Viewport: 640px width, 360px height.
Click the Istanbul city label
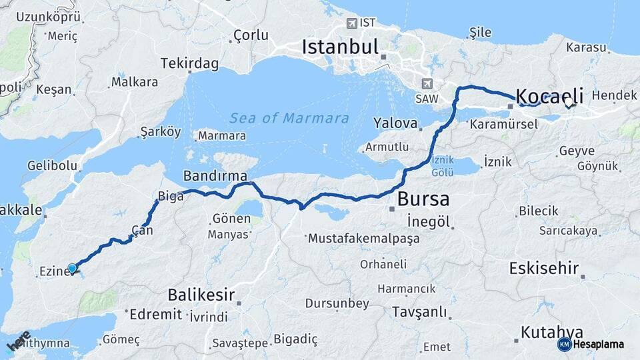[x=340, y=47]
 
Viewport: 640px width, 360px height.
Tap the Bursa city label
[x=423, y=199]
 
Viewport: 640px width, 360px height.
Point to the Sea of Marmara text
[x=289, y=119]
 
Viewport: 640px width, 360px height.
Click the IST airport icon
[x=351, y=23]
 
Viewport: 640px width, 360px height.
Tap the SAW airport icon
[x=426, y=84]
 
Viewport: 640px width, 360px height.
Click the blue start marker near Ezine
[x=73, y=268]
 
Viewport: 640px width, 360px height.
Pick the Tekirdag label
[x=189, y=63]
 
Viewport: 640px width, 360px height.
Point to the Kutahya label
[x=552, y=332]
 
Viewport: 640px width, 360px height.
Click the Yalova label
[x=395, y=123]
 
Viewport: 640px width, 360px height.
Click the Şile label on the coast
[x=480, y=33]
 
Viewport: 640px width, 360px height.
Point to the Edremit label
[x=155, y=314]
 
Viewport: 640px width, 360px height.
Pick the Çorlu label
[x=250, y=35]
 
